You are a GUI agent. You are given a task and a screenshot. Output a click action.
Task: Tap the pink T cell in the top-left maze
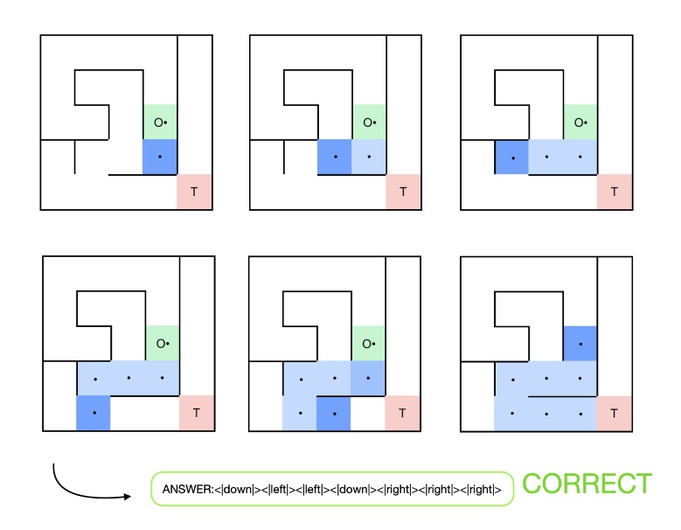click(195, 192)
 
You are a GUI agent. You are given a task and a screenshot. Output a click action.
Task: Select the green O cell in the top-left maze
click(161, 122)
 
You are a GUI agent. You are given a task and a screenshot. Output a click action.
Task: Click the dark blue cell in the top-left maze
click(161, 157)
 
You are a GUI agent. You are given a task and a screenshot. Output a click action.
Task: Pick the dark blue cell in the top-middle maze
click(335, 157)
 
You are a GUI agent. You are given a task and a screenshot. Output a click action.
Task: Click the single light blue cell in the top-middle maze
click(369, 157)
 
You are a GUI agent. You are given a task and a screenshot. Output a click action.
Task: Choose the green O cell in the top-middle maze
click(369, 122)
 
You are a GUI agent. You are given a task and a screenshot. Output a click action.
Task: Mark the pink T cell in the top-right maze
click(615, 192)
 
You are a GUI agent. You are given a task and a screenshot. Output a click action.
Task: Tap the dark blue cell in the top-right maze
click(512, 157)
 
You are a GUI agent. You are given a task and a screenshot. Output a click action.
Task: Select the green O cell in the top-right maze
click(580, 122)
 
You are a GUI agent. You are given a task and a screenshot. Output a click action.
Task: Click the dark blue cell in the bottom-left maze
click(94, 412)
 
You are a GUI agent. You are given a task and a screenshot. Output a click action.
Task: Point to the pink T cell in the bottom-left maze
click(196, 412)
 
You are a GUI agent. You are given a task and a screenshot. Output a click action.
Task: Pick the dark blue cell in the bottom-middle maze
click(334, 412)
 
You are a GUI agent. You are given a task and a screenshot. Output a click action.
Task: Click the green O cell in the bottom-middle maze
click(369, 344)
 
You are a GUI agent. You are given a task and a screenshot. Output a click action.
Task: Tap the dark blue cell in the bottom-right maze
click(580, 344)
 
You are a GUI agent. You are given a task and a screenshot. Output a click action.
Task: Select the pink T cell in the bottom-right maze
click(615, 412)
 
